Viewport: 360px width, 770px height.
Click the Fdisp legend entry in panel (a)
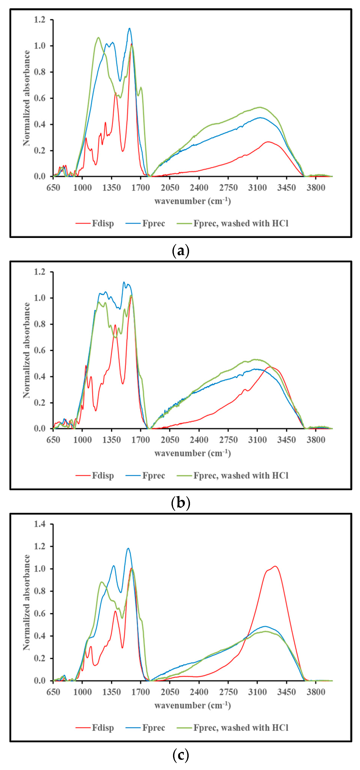click(x=103, y=224)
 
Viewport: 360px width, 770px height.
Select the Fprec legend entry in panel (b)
click(x=153, y=475)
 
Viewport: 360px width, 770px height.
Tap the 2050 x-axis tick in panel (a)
click(x=170, y=188)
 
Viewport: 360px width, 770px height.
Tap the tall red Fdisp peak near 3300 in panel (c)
click(x=275, y=566)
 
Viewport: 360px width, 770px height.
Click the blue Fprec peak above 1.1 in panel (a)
click(x=129, y=29)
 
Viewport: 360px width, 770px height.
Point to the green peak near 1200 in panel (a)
click(x=98, y=38)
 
